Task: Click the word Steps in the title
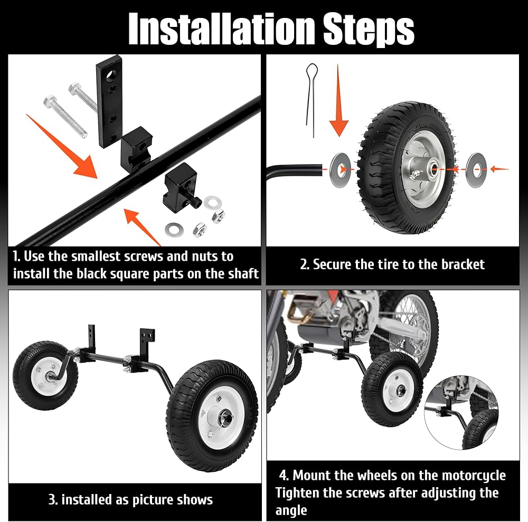[x=369, y=30]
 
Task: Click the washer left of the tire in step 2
[x=340, y=169]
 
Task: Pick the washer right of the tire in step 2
[x=476, y=170]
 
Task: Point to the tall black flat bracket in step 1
[x=109, y=101]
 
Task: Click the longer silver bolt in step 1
[x=65, y=116]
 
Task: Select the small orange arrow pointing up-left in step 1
[x=142, y=226]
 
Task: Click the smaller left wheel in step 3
[x=45, y=375]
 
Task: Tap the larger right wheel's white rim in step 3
[x=221, y=417]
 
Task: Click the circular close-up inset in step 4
[x=461, y=413]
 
